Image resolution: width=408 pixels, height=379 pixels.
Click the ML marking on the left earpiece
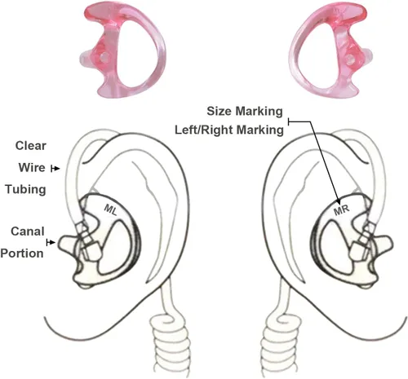[x=111, y=209]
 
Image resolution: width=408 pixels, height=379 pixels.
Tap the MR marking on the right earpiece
[x=341, y=210]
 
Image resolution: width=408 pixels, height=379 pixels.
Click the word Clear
[x=31, y=146]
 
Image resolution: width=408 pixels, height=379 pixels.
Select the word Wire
[x=32, y=167]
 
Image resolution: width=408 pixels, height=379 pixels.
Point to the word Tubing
[x=25, y=189]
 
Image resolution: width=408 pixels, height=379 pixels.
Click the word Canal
[x=28, y=231]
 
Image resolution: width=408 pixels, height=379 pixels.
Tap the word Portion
[x=22, y=253]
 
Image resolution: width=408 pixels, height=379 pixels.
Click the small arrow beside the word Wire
[x=55, y=169]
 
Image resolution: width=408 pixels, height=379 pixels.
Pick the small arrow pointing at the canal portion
[x=51, y=242]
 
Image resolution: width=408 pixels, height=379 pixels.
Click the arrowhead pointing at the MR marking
[x=339, y=201]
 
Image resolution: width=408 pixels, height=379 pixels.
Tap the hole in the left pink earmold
[x=104, y=57]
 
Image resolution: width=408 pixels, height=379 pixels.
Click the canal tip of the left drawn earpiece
[x=67, y=244]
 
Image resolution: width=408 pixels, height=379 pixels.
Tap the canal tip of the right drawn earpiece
[x=384, y=244]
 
